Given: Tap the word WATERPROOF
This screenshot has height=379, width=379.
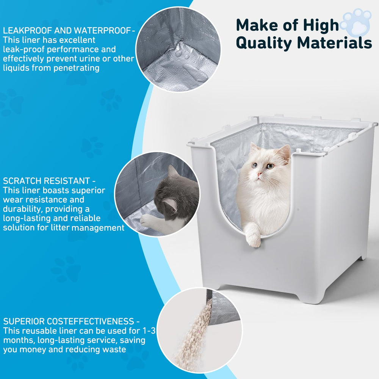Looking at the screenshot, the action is pos(102,31).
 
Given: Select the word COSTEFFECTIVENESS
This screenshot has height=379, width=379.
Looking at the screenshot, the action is pos(91,321).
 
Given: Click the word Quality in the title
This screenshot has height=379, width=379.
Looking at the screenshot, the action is pos(264,44).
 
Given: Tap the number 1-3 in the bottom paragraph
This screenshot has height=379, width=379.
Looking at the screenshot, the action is pos(149,330).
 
